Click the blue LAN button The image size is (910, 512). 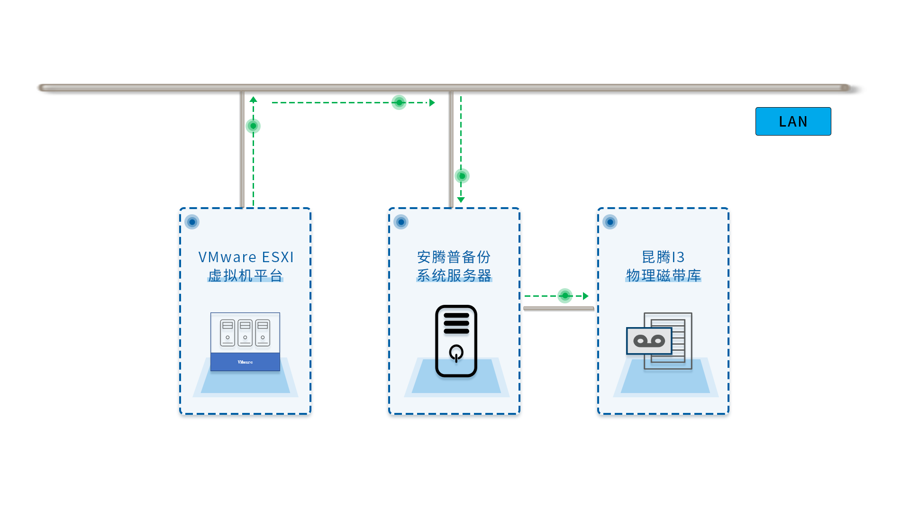point(793,121)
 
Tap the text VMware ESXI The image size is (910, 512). point(246,257)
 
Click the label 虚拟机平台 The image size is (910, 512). point(246,275)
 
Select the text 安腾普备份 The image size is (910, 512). point(454,257)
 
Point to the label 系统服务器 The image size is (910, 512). point(454,275)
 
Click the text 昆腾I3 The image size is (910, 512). point(663,257)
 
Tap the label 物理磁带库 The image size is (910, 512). point(664,275)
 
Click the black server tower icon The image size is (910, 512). point(456,341)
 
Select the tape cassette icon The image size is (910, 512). point(649,341)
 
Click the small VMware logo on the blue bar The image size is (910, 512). point(245,362)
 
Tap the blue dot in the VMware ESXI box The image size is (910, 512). point(192,222)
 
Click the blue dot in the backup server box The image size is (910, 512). point(401,222)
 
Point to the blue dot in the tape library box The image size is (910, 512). point(610,222)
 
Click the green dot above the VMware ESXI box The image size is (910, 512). point(253,126)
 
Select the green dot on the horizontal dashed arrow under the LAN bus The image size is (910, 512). point(399,102)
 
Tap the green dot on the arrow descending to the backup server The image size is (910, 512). point(462,176)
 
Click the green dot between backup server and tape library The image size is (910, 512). point(565,296)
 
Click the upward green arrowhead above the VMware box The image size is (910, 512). point(254,100)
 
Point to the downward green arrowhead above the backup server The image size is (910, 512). point(461,200)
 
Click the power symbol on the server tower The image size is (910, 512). point(456,353)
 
